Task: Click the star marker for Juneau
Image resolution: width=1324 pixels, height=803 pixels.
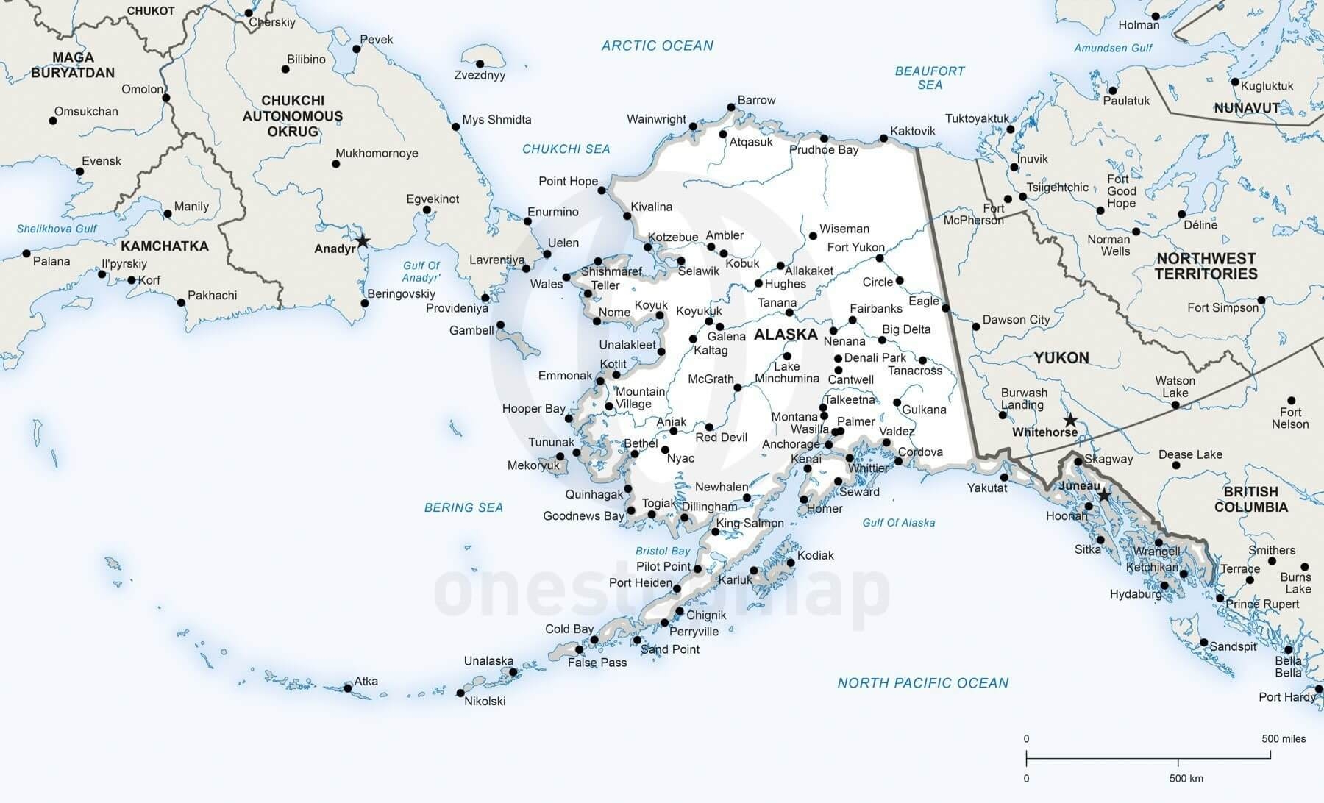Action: click(x=1103, y=496)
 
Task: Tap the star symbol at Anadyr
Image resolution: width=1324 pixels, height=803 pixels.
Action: click(x=362, y=241)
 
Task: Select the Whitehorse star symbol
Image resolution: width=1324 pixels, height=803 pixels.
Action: click(x=1071, y=421)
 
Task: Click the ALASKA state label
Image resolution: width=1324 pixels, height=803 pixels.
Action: click(x=786, y=335)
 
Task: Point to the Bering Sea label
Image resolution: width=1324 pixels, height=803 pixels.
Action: click(x=463, y=507)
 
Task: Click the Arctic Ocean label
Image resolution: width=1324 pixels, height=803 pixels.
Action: click(x=657, y=46)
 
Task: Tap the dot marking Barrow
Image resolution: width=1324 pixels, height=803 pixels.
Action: click(x=731, y=107)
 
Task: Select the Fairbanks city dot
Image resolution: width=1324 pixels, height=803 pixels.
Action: click(x=853, y=320)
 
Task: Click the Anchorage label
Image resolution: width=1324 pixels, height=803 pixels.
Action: click(x=791, y=444)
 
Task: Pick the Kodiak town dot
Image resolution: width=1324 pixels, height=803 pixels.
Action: click(x=791, y=563)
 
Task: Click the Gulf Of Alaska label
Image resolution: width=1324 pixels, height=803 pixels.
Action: click(x=898, y=523)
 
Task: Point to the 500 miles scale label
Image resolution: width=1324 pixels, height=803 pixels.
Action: click(x=1284, y=738)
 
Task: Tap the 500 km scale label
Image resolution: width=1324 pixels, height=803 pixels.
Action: click(x=1186, y=778)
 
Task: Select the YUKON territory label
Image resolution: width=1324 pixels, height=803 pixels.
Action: click(x=1061, y=358)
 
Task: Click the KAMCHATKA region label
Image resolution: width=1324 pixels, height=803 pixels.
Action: click(x=165, y=246)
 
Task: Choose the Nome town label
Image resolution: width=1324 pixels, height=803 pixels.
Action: click(x=614, y=312)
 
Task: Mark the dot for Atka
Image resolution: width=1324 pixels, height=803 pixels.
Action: click(x=348, y=688)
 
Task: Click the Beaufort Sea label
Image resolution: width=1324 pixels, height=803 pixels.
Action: click(x=930, y=78)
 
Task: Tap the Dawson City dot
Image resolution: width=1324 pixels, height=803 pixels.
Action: click(x=976, y=326)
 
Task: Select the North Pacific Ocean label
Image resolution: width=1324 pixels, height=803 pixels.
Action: click(x=922, y=683)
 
